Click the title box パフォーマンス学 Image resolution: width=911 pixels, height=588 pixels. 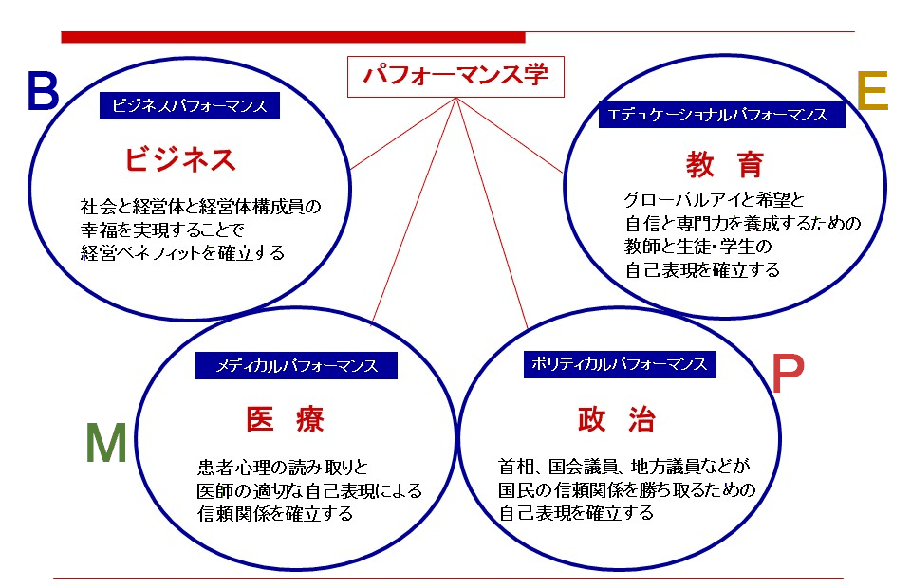pos(455,77)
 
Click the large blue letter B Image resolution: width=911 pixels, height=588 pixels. pos(43,91)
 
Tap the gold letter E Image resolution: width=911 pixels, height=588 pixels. pos(873,90)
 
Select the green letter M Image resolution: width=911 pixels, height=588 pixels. pos(105,442)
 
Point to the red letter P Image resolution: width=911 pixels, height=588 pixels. pos(788,374)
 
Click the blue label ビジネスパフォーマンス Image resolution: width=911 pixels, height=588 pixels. pos(190,105)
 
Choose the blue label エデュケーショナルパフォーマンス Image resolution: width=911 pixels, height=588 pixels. pos(721,115)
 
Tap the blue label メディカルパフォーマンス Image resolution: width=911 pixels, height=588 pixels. pos(296,366)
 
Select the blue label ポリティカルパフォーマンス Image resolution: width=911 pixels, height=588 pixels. pos(620,364)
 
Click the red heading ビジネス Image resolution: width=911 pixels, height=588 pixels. pos(180,159)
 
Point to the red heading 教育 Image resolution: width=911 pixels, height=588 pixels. pos(724,165)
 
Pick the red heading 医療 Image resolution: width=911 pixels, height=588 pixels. pos(285,419)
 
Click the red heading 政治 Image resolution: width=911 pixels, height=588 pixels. pos(617,419)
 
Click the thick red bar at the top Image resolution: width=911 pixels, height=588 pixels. pos(293,37)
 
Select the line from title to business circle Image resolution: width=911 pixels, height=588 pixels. pos(403,134)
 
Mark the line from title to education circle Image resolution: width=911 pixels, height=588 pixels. pos(510,135)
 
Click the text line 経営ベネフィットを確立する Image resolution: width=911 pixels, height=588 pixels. pos(182,253)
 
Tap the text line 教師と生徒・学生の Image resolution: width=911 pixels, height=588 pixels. pos(697,247)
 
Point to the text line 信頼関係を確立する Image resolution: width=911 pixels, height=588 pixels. pos(275,514)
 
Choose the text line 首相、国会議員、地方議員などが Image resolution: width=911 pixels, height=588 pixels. pos(624,466)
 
